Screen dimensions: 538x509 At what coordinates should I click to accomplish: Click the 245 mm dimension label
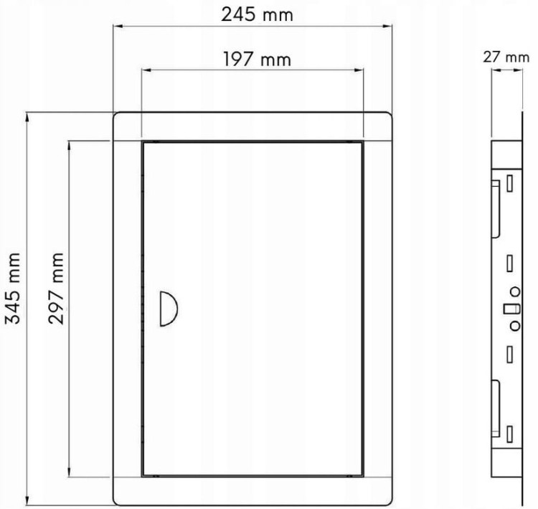pyautogui.click(x=257, y=15)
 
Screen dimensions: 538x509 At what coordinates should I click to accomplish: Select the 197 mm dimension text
pyautogui.click(x=257, y=59)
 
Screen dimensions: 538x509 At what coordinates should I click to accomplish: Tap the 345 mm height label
pyautogui.click(x=14, y=289)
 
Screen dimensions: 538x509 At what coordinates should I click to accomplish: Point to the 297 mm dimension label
pyautogui.click(x=56, y=289)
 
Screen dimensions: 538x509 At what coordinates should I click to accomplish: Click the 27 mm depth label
pyautogui.click(x=506, y=57)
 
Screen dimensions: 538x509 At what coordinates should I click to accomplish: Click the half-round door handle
pyautogui.click(x=169, y=309)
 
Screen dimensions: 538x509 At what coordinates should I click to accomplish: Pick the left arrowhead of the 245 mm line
pyautogui.click(x=118, y=26)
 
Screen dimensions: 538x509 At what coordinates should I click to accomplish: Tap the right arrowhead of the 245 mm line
pyautogui.click(x=387, y=26)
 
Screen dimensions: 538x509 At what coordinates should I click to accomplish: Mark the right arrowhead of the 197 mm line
pyautogui.click(x=359, y=70)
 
